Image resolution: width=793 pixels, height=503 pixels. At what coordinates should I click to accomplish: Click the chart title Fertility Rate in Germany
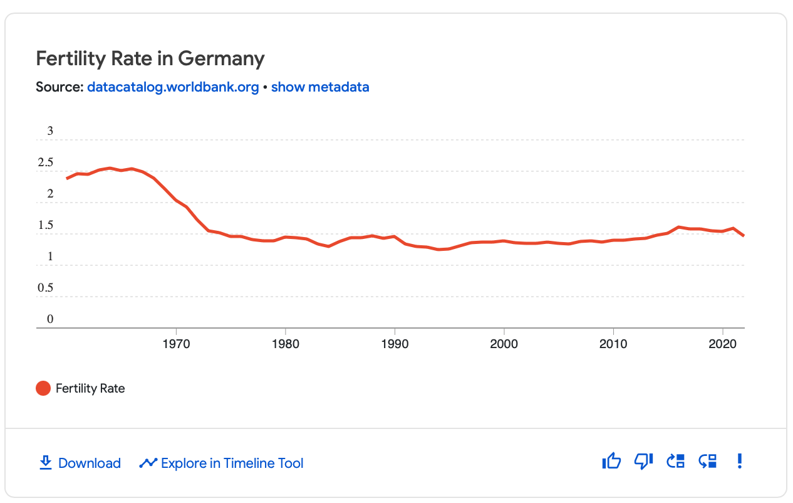click(150, 59)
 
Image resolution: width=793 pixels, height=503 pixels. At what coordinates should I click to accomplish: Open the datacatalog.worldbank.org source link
click(173, 87)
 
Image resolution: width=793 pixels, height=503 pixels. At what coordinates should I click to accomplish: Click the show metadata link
click(320, 87)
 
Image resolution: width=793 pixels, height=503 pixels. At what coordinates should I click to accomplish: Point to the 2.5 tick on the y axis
click(46, 162)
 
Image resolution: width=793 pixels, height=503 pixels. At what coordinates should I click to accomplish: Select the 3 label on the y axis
click(50, 131)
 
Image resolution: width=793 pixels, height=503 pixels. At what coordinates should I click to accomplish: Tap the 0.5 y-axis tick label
click(46, 288)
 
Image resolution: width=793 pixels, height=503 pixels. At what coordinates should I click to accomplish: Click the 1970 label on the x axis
click(176, 344)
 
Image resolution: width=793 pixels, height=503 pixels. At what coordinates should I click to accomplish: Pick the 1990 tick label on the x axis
click(395, 344)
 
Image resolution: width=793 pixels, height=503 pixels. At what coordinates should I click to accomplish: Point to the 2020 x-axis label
click(723, 344)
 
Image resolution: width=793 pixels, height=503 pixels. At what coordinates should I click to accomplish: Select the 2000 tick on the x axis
click(504, 344)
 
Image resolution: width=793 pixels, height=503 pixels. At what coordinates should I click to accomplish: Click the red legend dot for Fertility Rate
click(43, 388)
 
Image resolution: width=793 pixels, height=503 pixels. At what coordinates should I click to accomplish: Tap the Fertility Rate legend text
click(90, 388)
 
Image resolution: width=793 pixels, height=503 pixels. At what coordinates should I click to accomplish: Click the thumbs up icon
click(611, 462)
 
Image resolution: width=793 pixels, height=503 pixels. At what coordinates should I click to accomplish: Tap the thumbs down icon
click(643, 462)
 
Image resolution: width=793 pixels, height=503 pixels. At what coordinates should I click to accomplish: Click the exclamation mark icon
click(740, 462)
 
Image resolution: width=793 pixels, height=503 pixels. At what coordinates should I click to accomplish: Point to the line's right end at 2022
click(744, 236)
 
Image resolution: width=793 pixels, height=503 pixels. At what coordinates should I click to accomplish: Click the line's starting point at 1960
click(67, 179)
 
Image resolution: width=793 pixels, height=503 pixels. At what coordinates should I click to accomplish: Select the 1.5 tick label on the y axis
click(46, 225)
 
